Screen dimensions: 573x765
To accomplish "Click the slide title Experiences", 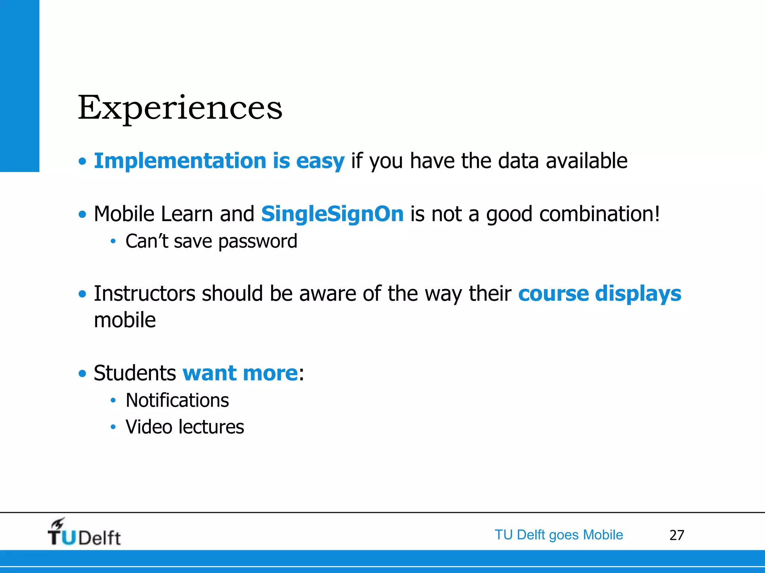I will point(180,108).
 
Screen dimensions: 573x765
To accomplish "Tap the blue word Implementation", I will point(180,161).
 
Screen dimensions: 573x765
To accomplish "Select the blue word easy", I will point(320,162).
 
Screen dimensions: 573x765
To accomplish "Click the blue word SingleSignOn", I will point(332,214).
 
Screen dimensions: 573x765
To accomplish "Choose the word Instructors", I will point(145,293).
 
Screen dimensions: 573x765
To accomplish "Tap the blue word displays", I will point(638,294).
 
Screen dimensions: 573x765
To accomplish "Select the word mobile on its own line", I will point(125,320).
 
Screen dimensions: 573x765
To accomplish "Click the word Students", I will point(135,373).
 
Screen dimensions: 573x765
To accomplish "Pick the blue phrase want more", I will point(240,373).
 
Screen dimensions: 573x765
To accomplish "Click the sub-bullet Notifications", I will point(177,400).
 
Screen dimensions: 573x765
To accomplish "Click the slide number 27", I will point(676,535).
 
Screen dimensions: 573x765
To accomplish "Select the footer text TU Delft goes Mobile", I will point(559,535).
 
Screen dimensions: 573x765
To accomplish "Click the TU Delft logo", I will point(84,533).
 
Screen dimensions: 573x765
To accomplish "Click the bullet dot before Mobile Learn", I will point(82,215).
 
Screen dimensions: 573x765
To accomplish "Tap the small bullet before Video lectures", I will point(113,427).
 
